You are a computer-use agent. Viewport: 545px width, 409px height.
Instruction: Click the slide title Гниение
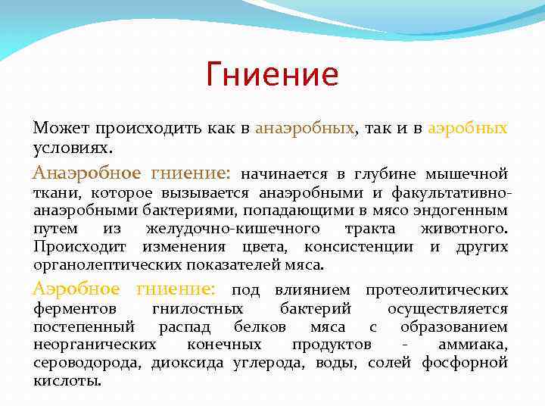[x=272, y=75]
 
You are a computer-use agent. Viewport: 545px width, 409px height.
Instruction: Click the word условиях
[x=70, y=146]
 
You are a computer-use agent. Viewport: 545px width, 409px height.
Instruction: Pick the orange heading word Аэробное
[x=76, y=289]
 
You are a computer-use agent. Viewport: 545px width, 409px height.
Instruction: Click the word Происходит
[x=79, y=247]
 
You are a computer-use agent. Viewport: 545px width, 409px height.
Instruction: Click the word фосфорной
[x=472, y=363]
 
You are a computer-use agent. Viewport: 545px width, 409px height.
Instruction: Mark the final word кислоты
[x=67, y=381]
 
